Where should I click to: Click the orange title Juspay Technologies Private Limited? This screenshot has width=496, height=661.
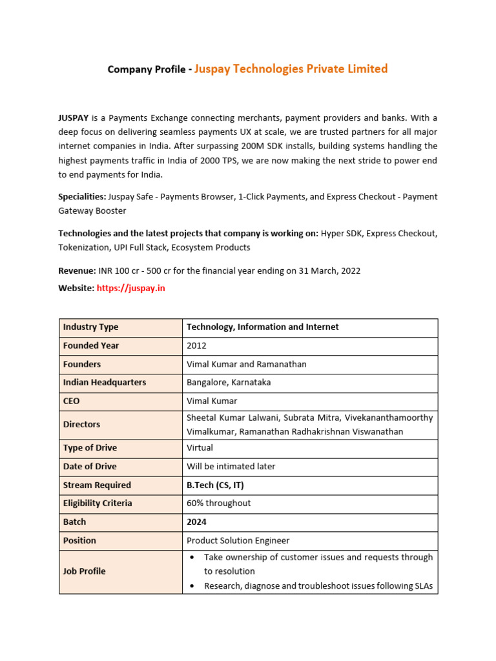[x=291, y=69]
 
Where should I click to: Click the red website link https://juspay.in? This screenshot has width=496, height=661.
[x=130, y=288]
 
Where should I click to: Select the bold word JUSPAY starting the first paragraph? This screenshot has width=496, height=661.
[x=74, y=117]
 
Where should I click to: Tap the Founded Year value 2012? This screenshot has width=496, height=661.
[x=196, y=345]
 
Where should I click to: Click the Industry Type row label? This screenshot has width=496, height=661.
[x=90, y=327]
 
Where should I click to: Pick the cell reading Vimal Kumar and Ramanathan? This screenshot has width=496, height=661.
[x=246, y=364]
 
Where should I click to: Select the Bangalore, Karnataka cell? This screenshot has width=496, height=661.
[x=229, y=382]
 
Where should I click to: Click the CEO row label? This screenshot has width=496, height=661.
[x=72, y=401]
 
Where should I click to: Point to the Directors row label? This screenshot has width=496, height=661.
[x=81, y=424]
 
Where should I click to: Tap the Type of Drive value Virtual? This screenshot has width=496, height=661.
[x=200, y=447]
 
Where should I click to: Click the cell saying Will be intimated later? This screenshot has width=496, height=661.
[x=231, y=466]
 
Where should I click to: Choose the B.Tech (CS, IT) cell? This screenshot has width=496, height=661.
[x=215, y=485]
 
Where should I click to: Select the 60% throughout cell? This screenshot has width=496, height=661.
[x=218, y=503]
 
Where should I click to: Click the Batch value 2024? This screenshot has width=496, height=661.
[x=197, y=522]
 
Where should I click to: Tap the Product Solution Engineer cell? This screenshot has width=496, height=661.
[x=238, y=540]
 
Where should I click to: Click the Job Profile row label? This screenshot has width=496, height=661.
[x=84, y=571]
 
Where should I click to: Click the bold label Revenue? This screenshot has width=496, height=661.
[x=77, y=270]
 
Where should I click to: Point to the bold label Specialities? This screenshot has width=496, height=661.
[x=82, y=196]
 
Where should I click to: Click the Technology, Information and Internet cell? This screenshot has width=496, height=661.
[x=262, y=327]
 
